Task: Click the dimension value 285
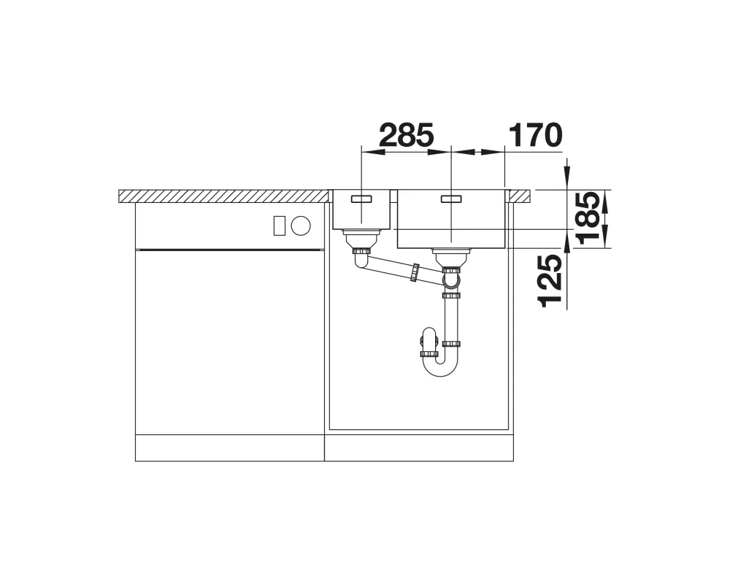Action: coord(407,136)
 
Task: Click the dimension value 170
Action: coord(534,136)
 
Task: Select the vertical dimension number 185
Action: coord(587,218)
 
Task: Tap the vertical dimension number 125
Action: coord(550,281)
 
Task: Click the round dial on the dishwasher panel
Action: coord(300,226)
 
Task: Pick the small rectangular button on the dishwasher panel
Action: coord(279,226)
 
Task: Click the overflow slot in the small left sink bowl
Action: coord(362,199)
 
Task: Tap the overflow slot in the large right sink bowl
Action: coord(450,199)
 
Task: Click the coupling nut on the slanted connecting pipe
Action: coord(413,272)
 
